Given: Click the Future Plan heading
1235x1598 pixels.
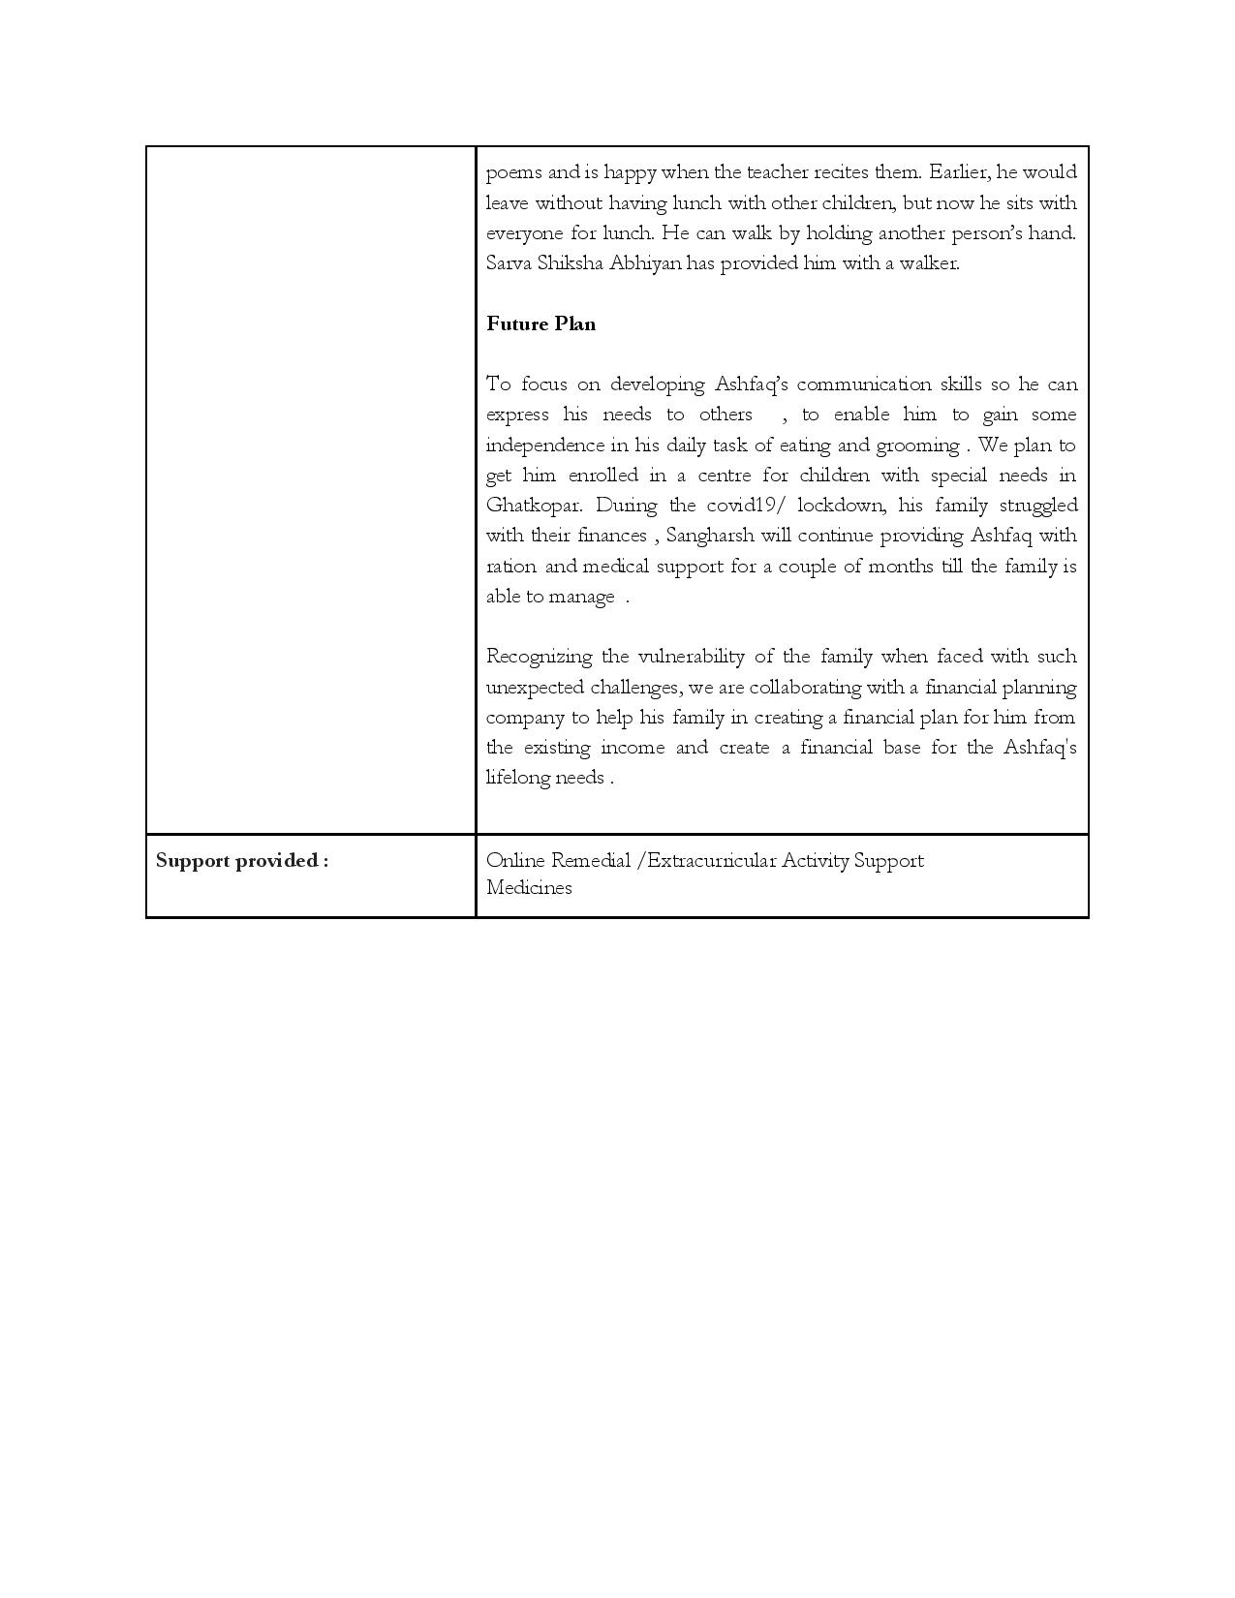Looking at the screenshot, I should [540, 324].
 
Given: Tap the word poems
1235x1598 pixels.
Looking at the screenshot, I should [513, 173].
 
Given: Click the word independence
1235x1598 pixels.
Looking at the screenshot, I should [543, 446].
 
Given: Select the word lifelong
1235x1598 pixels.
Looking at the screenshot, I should [517, 778].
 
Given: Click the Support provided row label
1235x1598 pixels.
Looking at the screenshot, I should [242, 861].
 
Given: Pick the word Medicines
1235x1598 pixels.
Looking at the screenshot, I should [529, 888].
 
